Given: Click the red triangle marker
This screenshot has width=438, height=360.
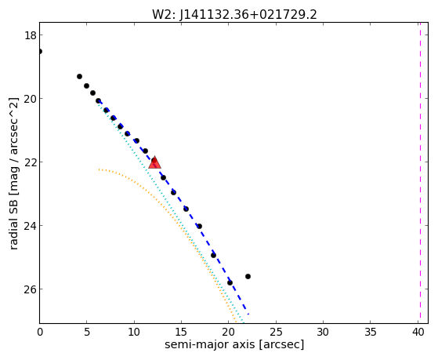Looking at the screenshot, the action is coord(154,163).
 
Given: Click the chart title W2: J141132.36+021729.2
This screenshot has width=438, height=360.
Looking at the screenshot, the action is coord(234,14).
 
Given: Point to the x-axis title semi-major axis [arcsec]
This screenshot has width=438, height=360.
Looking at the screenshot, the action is coord(234,344).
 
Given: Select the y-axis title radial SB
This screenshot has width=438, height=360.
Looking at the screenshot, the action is coord(14,173).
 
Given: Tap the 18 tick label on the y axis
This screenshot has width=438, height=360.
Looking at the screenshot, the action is coord(30,35).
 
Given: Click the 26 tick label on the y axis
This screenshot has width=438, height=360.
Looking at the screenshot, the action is coord(30,289).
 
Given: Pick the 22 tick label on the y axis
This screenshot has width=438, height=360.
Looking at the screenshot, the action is coord(30,162).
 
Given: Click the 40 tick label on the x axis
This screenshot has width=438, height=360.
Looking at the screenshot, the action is coord(418,333).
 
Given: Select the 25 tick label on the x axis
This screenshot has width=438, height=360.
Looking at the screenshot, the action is coord(276,333).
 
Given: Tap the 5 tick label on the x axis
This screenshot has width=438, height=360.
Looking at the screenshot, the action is coord(87,333).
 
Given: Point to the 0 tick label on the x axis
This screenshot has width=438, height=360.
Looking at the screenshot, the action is coord(40,333).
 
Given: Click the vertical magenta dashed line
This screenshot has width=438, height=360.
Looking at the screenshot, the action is coord(420,173).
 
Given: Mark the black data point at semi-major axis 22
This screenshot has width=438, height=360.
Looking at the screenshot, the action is coord(248,277).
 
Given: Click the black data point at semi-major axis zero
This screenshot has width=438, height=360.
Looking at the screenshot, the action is coord(40,52).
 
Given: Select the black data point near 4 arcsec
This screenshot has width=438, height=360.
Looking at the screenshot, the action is coord(79,77).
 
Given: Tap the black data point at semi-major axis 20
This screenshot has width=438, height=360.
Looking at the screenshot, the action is coord(230,283).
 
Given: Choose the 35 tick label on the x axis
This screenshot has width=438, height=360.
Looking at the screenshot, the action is coord(371,333).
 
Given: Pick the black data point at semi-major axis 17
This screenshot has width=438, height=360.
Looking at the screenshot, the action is coord(199,227).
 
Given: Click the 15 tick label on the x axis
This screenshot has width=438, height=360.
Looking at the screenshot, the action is coord(181,333).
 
